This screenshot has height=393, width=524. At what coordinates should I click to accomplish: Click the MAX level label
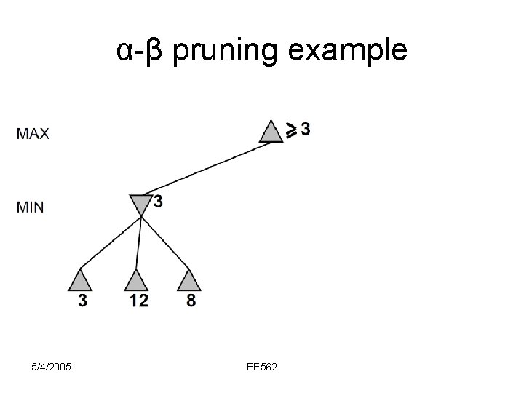(x=33, y=134)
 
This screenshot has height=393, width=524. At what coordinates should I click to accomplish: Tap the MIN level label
(x=30, y=207)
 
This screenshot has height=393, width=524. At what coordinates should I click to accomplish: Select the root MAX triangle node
(x=271, y=132)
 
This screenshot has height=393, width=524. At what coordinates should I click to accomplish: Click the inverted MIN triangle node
(x=140, y=204)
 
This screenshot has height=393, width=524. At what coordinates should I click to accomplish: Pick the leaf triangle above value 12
(x=136, y=280)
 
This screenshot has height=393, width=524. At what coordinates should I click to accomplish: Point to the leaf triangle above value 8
(x=188, y=280)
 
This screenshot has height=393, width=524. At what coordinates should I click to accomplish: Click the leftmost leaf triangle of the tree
(x=82, y=280)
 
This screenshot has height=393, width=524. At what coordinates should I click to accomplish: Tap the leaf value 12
(x=138, y=300)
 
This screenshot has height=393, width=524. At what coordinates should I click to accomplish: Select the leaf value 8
(x=191, y=300)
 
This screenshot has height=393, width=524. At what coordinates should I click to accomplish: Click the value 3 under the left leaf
(x=83, y=300)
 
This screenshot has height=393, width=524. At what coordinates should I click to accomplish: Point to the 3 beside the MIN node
(x=158, y=202)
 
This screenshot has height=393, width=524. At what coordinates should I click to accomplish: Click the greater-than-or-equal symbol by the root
(x=290, y=130)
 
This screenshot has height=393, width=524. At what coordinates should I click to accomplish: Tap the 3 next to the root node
(x=305, y=129)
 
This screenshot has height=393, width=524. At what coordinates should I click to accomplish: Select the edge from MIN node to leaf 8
(x=165, y=244)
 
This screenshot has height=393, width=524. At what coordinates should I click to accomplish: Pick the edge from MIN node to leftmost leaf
(x=109, y=244)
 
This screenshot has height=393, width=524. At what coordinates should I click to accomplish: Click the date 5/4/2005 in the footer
(x=52, y=367)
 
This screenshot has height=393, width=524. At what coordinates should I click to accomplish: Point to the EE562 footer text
(x=263, y=367)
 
